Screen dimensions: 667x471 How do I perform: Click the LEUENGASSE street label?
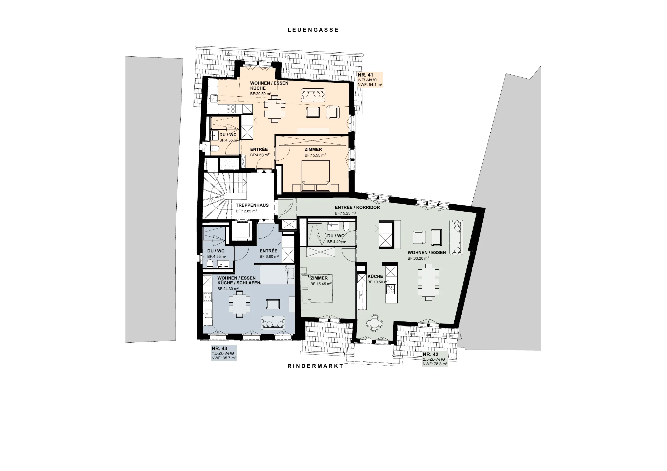313,30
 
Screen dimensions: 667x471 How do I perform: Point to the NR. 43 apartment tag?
224,353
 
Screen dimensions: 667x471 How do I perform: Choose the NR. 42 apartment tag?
435,359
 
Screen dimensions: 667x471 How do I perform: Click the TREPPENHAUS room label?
252,205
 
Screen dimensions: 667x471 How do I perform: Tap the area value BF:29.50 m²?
261,94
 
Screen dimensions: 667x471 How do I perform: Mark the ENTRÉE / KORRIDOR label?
357,208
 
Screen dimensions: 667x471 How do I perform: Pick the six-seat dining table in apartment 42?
429,282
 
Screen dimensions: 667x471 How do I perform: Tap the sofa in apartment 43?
273,323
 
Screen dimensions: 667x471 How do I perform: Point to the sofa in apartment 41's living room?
313,95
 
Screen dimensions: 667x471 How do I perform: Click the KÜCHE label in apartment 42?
375,277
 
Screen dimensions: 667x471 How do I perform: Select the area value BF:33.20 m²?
418,258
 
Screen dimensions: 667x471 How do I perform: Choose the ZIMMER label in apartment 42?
319,278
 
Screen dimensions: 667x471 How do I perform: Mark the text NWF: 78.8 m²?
435,364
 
